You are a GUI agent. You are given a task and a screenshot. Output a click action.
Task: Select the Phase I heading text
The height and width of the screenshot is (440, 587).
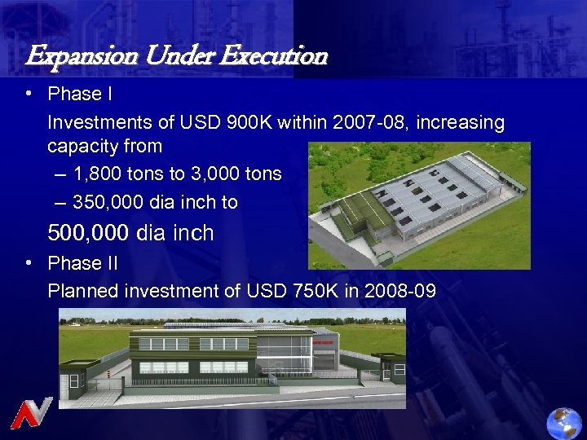(80, 95)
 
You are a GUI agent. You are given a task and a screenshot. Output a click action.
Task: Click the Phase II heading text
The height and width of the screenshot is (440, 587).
(82, 263)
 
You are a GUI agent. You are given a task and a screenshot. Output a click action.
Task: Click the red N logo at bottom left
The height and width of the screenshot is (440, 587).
(31, 412)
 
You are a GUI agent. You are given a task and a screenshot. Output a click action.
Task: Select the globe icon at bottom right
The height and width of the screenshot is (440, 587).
(565, 422)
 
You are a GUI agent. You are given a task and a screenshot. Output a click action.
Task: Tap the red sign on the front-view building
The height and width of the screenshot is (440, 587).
(324, 342)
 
